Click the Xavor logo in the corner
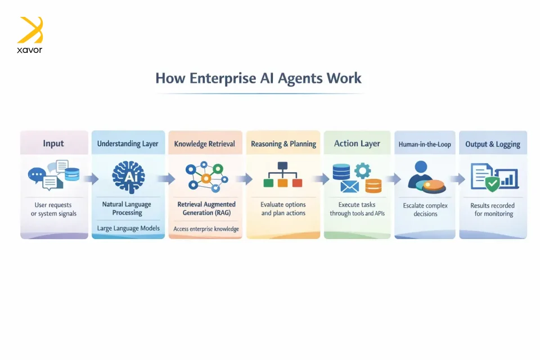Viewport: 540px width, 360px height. [30, 34]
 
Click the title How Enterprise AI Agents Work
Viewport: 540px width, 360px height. [258, 78]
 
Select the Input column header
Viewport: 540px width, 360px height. [53, 143]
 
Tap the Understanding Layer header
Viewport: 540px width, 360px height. [128, 143]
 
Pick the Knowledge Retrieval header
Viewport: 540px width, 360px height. [205, 143]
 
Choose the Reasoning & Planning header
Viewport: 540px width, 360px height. [283, 143]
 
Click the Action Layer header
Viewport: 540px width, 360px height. [357, 143]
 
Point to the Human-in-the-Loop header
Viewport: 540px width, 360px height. [425, 144]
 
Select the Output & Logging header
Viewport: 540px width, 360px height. [493, 144]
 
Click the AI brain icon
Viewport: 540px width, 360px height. [128, 176]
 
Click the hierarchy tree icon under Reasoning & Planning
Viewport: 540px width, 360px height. [282, 175]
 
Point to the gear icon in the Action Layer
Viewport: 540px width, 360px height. [363, 170]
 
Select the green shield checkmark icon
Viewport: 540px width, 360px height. [492, 183]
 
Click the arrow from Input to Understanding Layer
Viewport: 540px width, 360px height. [90, 179]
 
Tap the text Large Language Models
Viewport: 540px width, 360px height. [128, 228]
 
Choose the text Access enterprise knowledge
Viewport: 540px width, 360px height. [205, 228]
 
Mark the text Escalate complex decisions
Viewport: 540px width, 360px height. [425, 210]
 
